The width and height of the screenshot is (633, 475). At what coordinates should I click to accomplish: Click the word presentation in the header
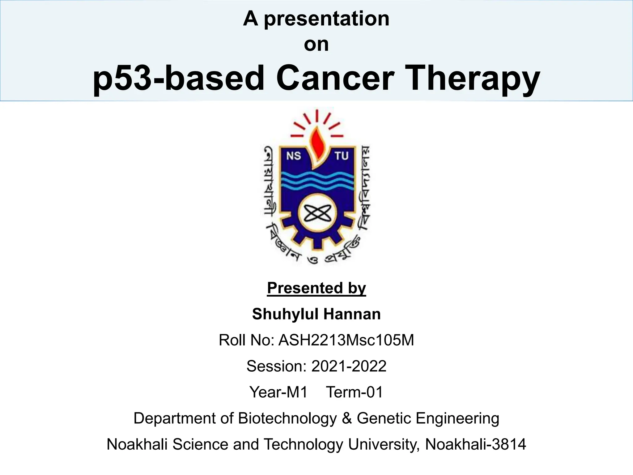click(x=326, y=19)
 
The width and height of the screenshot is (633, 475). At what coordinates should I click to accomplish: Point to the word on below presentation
click(x=316, y=44)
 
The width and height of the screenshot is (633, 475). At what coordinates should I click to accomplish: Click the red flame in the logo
click(x=316, y=144)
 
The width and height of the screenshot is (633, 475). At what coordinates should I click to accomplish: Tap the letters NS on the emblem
click(x=293, y=156)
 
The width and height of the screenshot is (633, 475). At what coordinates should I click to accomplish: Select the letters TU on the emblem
click(x=341, y=156)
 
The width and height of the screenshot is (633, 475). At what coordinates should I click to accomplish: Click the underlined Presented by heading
click(x=316, y=288)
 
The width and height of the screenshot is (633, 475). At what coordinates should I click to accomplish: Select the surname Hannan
click(x=352, y=314)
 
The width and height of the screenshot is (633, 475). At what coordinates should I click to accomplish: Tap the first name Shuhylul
click(x=285, y=314)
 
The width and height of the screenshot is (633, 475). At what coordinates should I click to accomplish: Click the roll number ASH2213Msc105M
click(x=346, y=340)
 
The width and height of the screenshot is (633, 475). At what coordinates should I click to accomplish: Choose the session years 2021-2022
click(x=349, y=366)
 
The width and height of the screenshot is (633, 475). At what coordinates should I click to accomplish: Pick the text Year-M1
click(x=278, y=392)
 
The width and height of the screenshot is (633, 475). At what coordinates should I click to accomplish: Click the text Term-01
click(x=354, y=392)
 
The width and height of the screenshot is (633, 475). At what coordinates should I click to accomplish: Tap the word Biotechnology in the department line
click(x=287, y=418)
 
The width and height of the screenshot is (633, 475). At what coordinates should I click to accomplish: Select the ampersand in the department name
click(x=347, y=418)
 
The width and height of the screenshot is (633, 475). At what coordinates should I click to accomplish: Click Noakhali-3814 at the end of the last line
click(x=475, y=444)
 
